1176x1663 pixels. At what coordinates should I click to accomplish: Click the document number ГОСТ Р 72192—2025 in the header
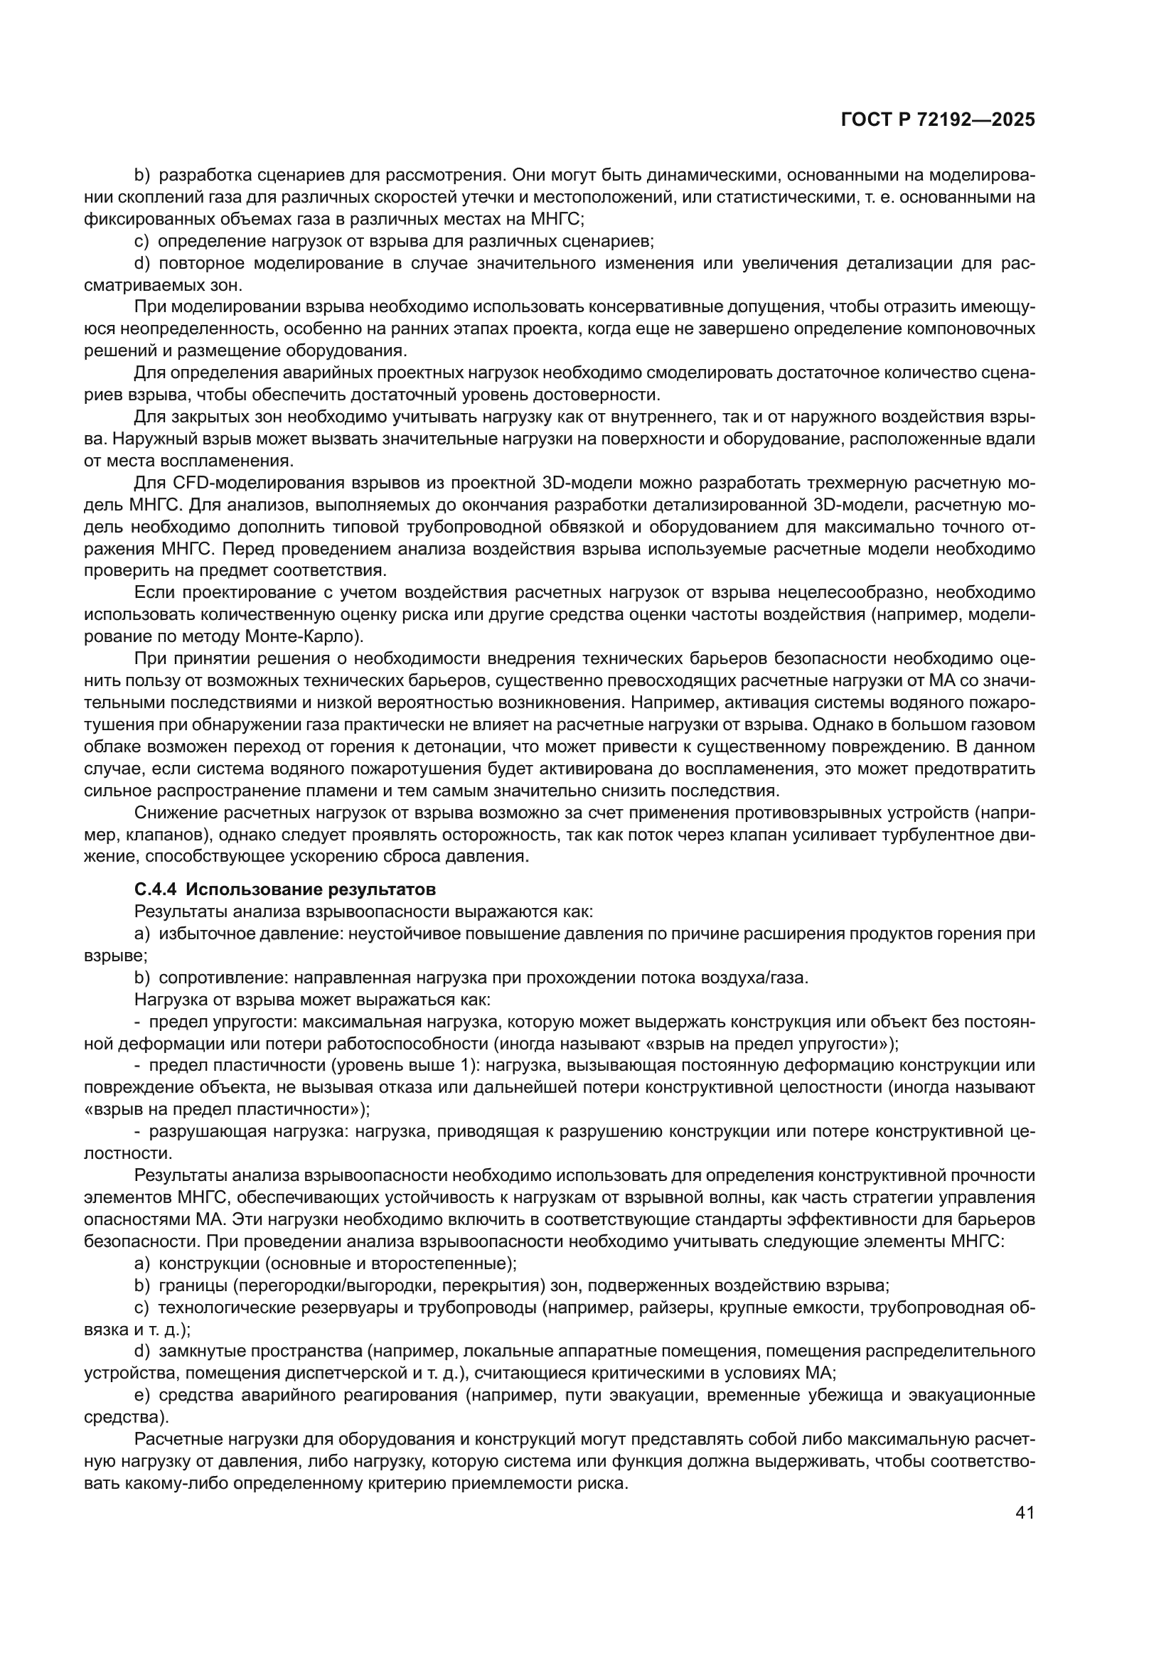pyautogui.click(x=937, y=120)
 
